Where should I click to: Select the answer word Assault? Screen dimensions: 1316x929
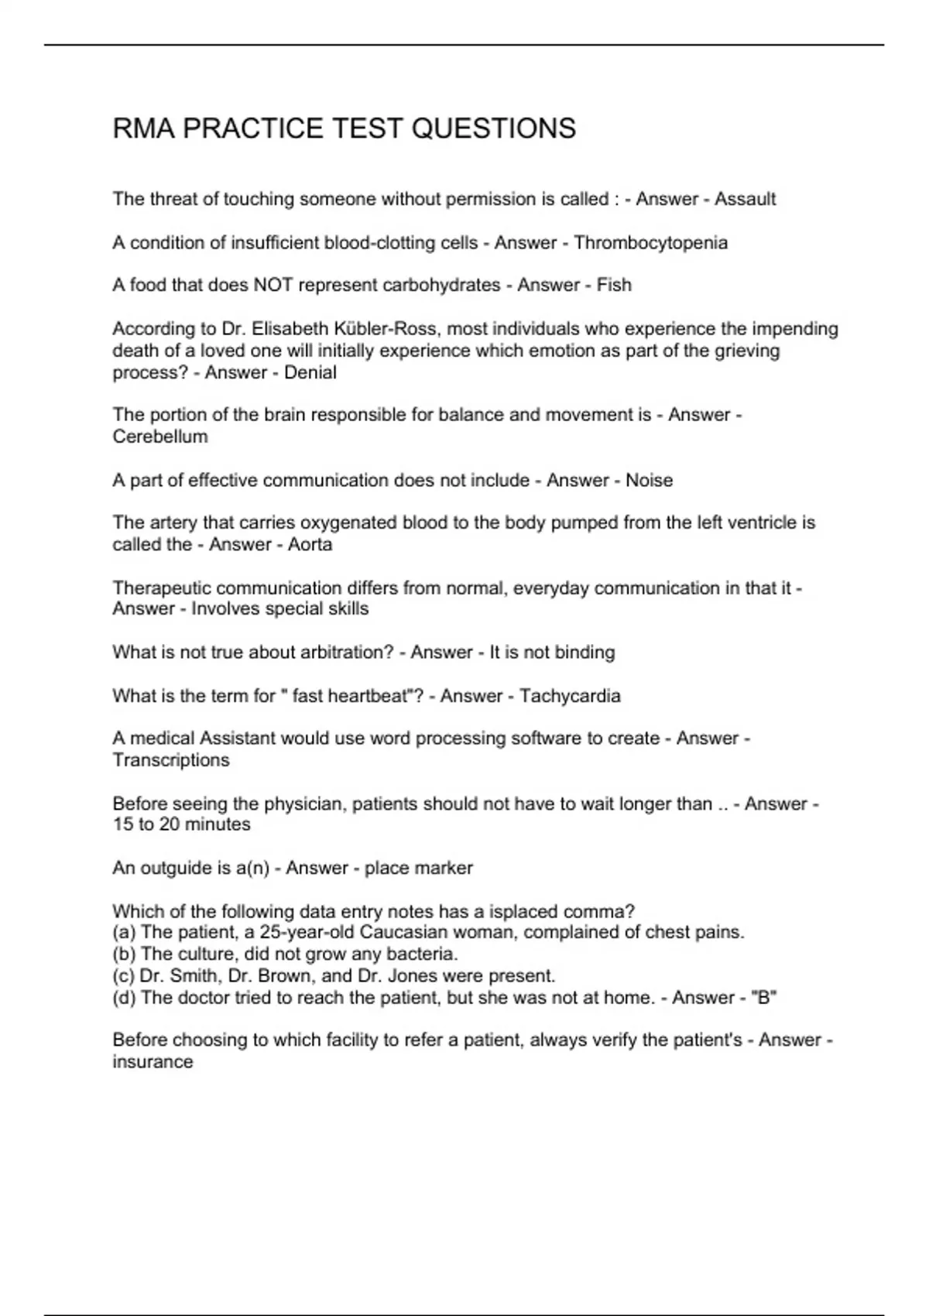745,199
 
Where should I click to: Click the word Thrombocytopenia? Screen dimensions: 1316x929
650,243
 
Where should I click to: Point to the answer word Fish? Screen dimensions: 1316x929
614,285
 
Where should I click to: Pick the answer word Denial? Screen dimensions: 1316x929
310,372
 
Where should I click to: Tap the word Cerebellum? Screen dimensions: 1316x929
160,437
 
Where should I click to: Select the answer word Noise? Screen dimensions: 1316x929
649,480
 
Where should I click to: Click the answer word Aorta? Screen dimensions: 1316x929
310,544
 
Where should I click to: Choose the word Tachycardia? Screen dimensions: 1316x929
570,696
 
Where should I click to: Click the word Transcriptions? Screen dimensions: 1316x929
171,760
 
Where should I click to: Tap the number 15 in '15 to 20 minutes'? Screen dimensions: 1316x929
123,824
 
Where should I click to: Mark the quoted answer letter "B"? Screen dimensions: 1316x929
764,997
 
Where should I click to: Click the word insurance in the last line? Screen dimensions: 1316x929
153,1062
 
